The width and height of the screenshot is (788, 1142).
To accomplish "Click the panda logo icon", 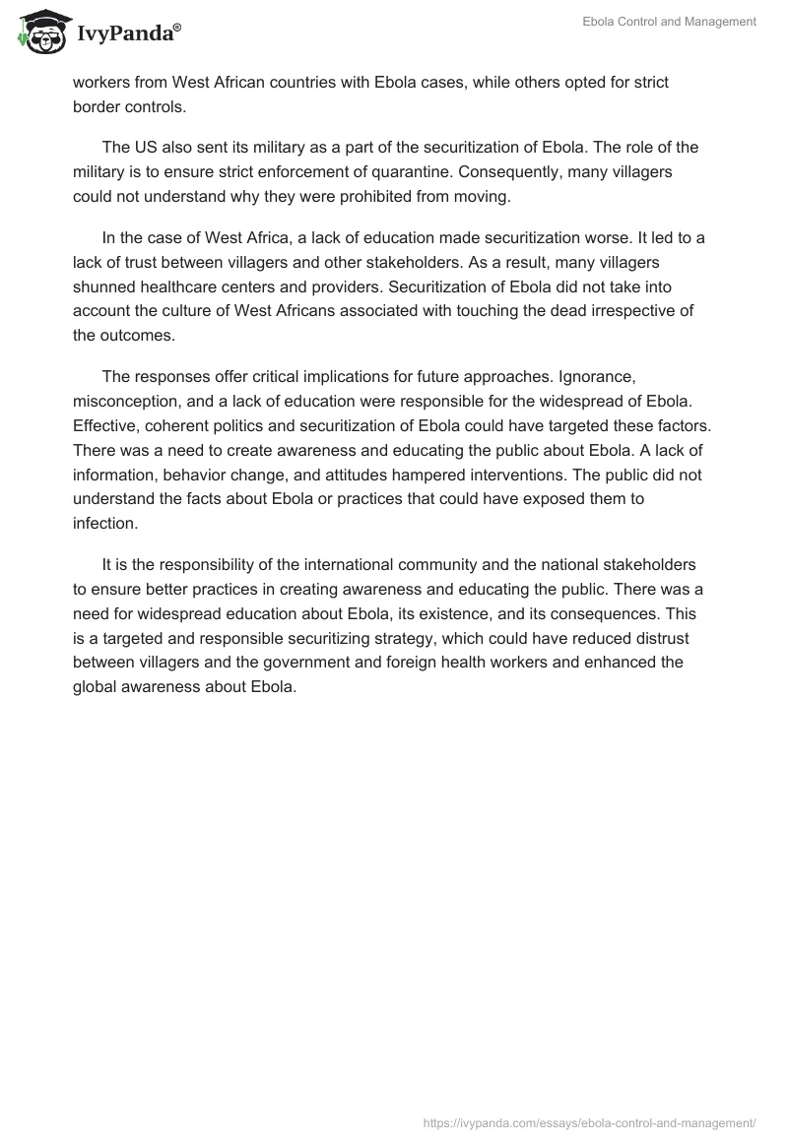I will pos(38,32).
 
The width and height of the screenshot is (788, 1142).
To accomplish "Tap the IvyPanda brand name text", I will pos(126,34).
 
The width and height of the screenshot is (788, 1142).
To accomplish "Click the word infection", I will pos(103,524).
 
